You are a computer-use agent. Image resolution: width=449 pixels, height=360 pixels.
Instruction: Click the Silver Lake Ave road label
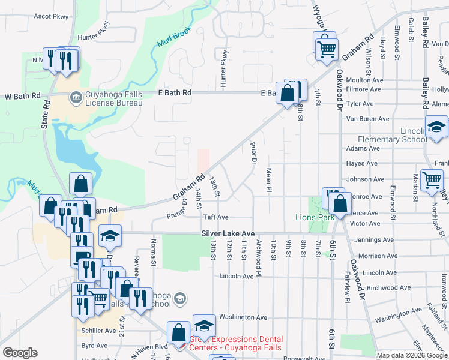pos(228,233)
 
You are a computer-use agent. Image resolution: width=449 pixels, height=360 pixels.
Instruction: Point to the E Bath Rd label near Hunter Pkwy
pos(175,93)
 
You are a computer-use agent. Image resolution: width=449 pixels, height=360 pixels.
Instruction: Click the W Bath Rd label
pos(22,96)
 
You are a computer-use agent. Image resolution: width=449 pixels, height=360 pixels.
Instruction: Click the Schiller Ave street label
pos(98,331)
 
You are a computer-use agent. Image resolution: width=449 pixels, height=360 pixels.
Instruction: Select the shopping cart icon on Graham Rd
pos(326,49)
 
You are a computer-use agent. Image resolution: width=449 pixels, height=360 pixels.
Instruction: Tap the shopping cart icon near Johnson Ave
pos(432,180)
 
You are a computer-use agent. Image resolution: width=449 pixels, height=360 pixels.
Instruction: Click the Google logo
pos(20,353)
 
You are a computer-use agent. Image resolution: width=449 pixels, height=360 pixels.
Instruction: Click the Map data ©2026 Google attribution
pos(412,355)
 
